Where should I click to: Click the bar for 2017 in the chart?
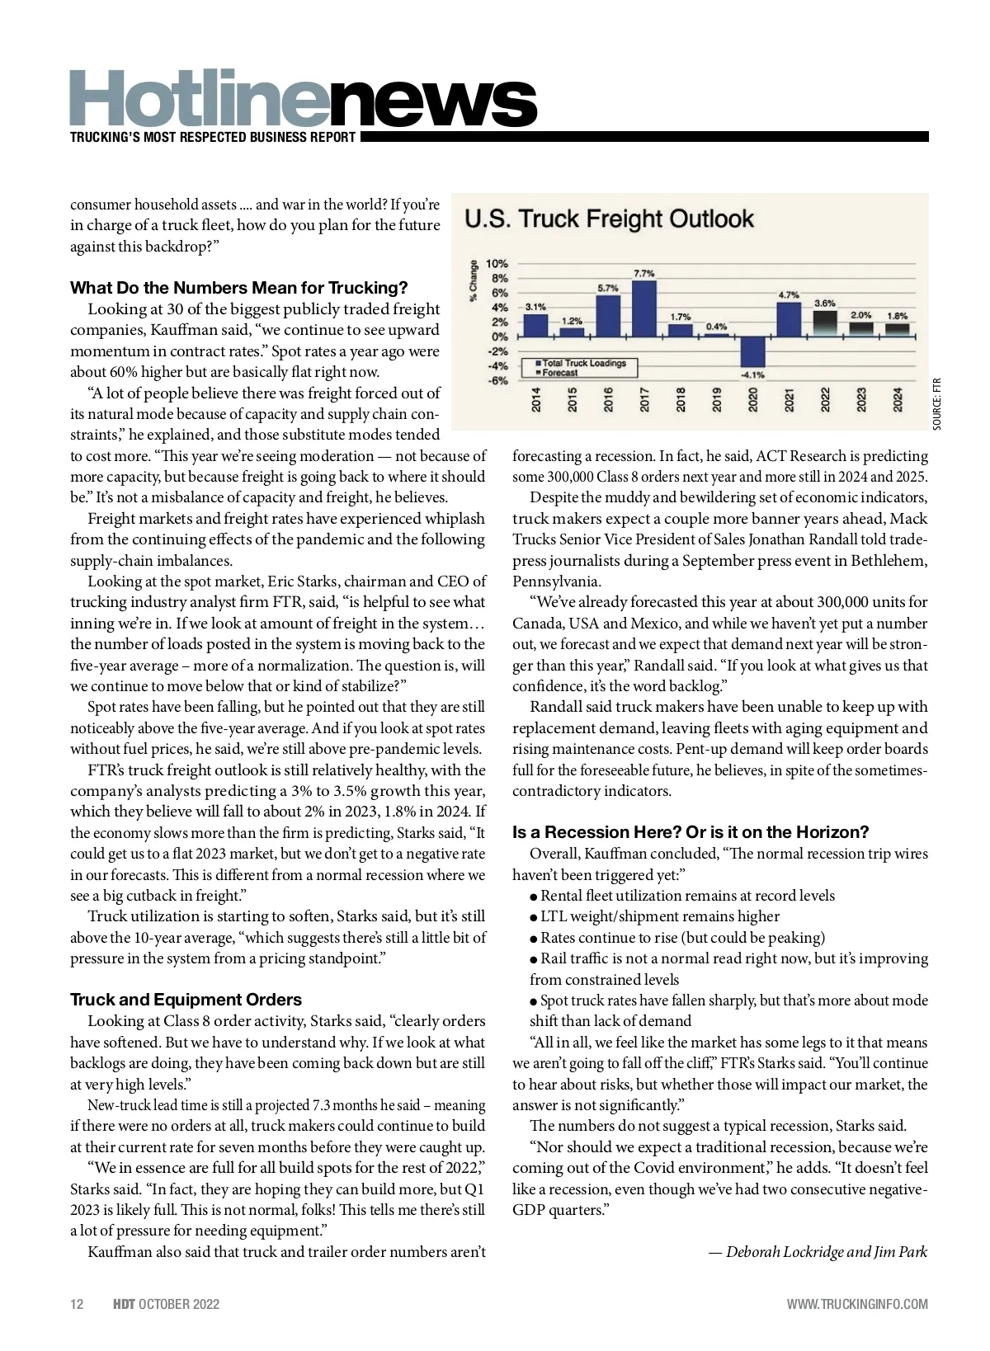click(x=644, y=308)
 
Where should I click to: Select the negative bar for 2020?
click(x=752, y=351)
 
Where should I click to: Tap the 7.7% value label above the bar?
click(x=644, y=273)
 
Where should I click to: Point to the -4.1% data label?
click(x=752, y=374)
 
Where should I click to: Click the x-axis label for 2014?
click(x=536, y=400)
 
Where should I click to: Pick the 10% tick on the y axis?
click(x=497, y=264)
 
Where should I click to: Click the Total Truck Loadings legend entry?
click(x=583, y=363)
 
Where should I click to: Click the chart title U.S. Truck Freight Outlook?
click(x=610, y=219)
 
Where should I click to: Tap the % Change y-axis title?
click(x=474, y=281)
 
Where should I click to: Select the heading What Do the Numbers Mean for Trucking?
click(x=239, y=288)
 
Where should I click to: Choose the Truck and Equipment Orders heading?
click(x=186, y=1000)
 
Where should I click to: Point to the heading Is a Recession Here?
click(x=691, y=831)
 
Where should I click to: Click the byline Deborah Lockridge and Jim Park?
click(x=818, y=1252)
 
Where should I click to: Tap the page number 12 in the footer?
click(x=77, y=1304)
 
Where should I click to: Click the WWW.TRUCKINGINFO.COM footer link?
click(x=857, y=1304)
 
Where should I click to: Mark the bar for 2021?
click(x=789, y=319)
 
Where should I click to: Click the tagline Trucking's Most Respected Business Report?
click(x=213, y=138)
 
